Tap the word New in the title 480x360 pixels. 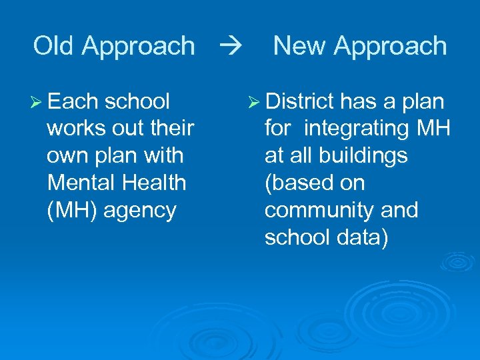coord(299,46)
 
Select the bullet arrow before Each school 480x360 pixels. coord(37,102)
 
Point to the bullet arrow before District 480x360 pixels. coord(255,102)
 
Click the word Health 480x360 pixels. coord(153,183)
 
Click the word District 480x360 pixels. coord(299,101)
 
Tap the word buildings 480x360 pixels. coord(374,156)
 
